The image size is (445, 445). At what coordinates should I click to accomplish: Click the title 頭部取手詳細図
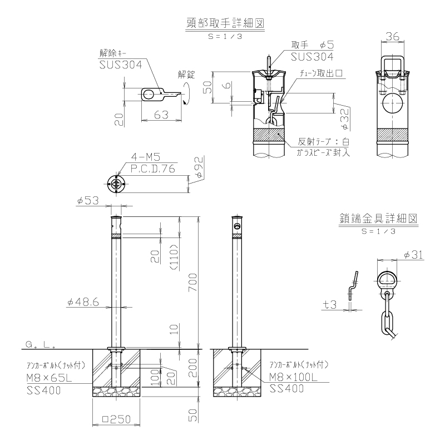tap(225, 23)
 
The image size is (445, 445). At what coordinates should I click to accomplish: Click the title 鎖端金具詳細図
tap(378, 219)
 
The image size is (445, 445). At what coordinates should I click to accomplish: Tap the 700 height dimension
tap(192, 282)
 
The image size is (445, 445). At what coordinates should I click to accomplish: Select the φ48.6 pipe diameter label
tap(83, 302)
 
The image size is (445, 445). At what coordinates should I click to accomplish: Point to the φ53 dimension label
tap(88, 201)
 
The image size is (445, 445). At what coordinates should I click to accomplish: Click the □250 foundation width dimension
tap(116, 419)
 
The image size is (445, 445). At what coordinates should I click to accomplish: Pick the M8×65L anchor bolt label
tap(49, 378)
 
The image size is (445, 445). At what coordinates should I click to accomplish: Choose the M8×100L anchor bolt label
tap(293, 377)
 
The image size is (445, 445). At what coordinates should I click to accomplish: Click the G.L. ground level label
tap(40, 345)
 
